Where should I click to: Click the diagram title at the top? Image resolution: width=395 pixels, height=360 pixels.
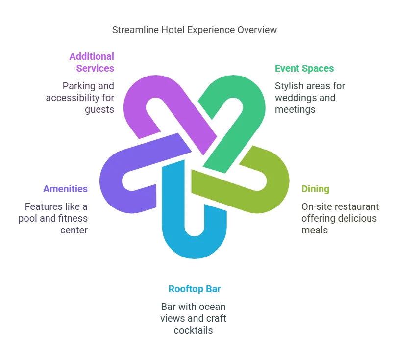click(194, 30)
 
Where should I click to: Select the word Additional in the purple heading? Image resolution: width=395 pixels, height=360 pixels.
click(93, 56)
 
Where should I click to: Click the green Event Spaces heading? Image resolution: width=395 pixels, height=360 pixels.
click(304, 68)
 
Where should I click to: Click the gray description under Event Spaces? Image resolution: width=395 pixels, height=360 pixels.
click(310, 98)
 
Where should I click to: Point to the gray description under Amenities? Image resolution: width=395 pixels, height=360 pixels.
click(58, 218)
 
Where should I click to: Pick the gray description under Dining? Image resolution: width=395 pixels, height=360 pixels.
click(339, 218)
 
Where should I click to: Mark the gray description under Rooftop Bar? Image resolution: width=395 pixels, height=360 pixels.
click(194, 317)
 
